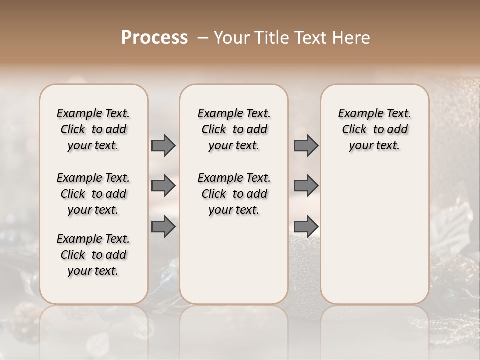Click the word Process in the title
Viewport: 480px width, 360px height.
154,37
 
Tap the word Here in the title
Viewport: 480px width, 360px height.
352,37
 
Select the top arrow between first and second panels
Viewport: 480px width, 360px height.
163,145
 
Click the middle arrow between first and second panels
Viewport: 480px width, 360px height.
163,186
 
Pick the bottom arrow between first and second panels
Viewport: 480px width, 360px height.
163,227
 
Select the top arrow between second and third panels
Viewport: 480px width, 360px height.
306,145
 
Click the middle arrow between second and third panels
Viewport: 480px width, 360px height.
306,186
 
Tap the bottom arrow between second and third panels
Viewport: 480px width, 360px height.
306,227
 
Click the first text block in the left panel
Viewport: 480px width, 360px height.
93,129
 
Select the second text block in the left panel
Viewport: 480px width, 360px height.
93,194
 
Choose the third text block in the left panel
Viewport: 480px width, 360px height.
93,255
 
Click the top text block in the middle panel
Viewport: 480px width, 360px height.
234,129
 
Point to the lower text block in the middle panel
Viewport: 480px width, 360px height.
234,194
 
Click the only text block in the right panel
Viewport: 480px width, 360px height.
374,129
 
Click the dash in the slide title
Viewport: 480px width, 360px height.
203,38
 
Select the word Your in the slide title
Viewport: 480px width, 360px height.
231,37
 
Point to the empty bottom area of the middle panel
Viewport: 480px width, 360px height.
234,265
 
